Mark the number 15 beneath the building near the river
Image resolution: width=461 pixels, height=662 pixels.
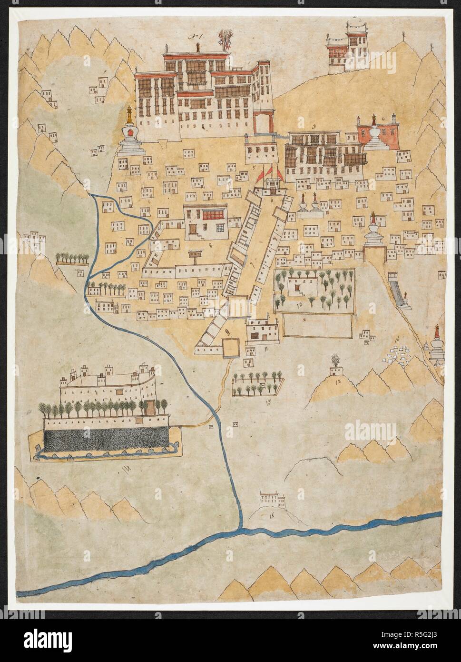pos(272,515)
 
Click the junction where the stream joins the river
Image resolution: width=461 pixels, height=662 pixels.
pos(240,528)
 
